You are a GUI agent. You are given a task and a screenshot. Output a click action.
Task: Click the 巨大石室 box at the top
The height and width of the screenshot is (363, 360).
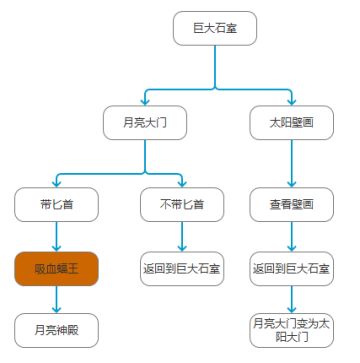coord(215,29)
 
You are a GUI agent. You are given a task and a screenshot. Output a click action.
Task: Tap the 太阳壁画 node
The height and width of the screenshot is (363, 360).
coord(291,124)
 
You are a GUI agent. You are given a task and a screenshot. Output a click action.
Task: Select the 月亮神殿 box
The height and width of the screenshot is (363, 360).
coord(57,328)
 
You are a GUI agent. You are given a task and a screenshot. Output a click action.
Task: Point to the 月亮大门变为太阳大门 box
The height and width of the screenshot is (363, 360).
coord(291,328)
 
